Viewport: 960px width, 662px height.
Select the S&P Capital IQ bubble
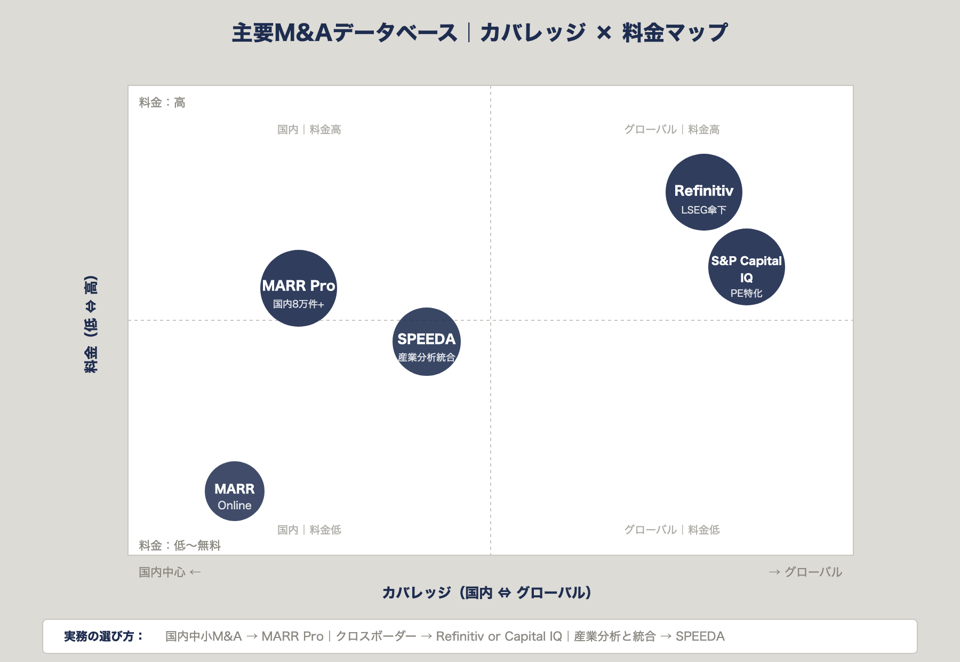[x=746, y=267]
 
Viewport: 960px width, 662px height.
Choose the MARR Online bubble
[x=234, y=491]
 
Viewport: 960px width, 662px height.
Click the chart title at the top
[x=479, y=33]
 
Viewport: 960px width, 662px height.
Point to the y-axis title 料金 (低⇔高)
[x=91, y=324]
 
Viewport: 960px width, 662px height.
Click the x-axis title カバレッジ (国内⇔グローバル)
[x=486, y=593]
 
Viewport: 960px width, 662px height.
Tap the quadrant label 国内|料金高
[x=309, y=130]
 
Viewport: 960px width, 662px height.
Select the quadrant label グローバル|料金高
[x=671, y=130]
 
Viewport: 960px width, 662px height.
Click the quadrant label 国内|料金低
[x=309, y=530]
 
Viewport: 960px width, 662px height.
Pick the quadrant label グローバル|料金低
[x=671, y=530]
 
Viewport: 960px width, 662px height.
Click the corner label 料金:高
[x=162, y=103]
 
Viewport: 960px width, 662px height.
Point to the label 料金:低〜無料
[x=180, y=545]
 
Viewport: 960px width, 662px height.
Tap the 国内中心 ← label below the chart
[x=170, y=572]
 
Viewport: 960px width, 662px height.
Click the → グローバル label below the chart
[x=805, y=572]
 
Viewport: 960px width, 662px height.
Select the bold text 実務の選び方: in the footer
[x=103, y=636]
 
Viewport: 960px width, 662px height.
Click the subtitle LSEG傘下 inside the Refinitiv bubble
[x=703, y=210]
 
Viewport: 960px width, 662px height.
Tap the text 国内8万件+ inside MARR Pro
[x=298, y=304]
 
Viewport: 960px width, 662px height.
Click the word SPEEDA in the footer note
[x=700, y=636]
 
